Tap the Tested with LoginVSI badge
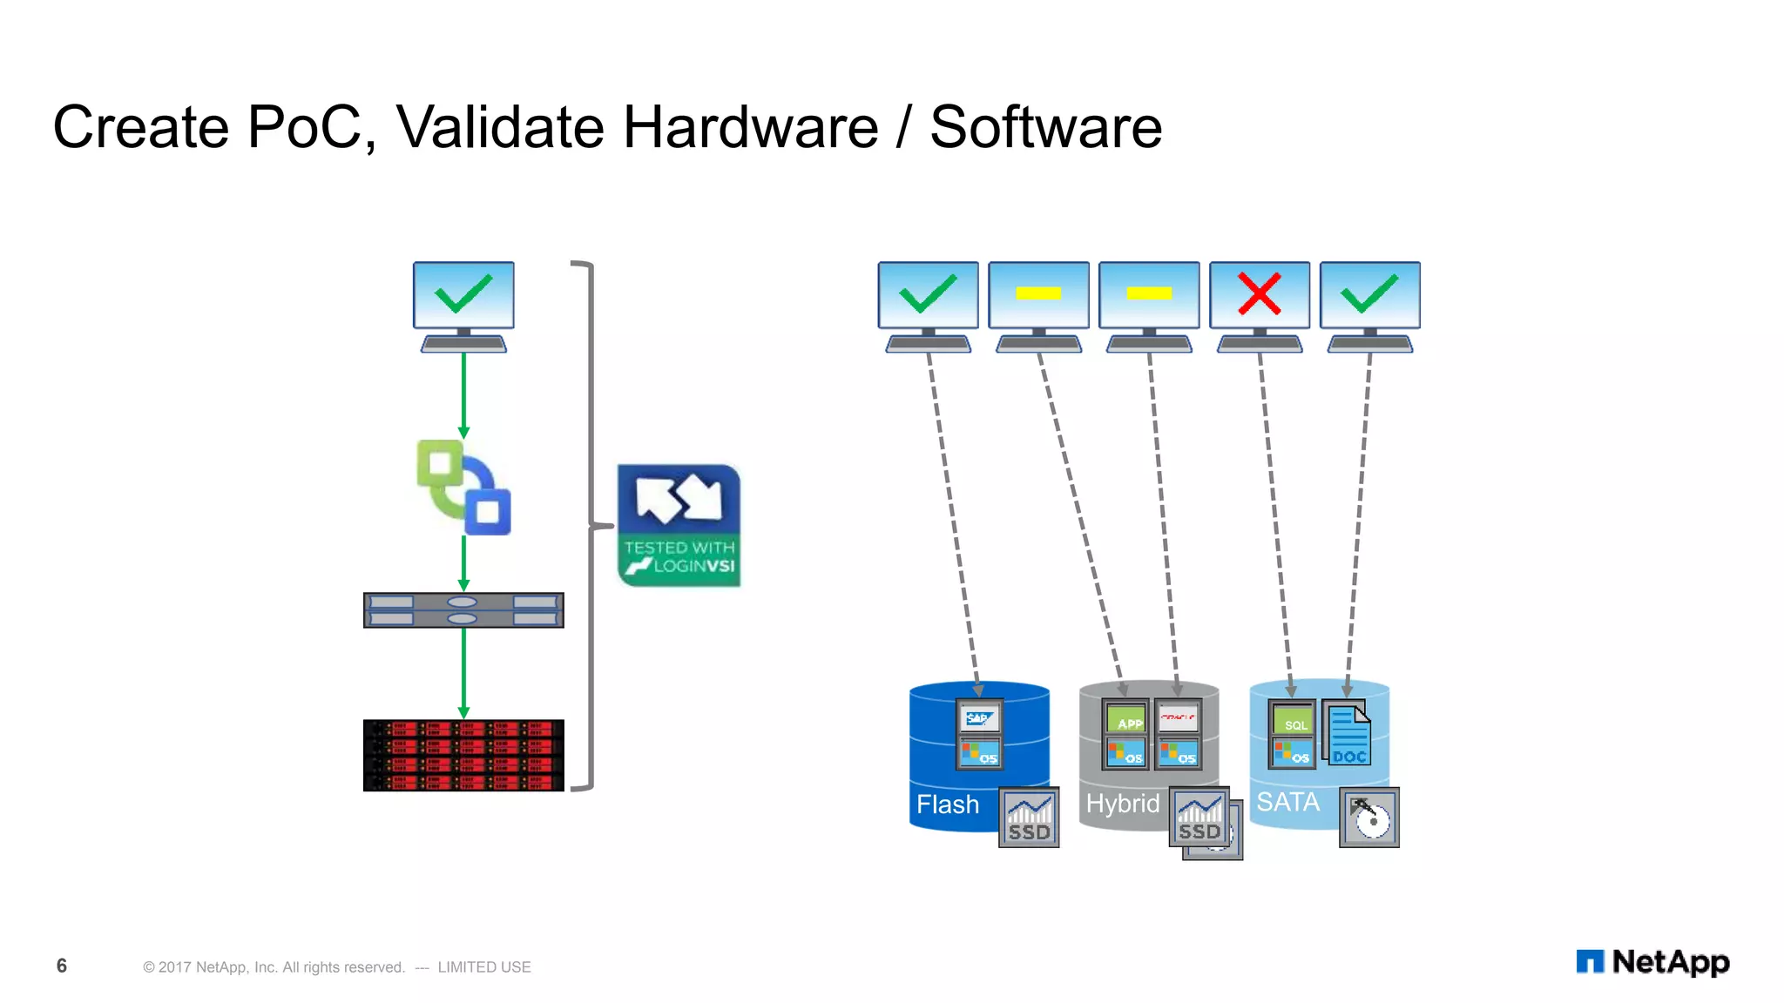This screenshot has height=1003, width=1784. (x=679, y=525)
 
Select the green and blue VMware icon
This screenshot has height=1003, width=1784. (x=463, y=487)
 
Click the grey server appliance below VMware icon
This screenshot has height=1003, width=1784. (x=463, y=609)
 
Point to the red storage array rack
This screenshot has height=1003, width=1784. (x=463, y=755)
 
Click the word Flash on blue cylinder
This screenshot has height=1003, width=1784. (x=948, y=804)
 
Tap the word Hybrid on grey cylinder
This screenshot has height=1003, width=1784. (x=1123, y=803)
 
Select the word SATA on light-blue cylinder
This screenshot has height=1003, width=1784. (x=1287, y=801)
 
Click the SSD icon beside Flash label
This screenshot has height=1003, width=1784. (x=1029, y=818)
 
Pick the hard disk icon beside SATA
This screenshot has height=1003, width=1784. (x=1369, y=818)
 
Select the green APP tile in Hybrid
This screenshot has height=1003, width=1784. (x=1127, y=720)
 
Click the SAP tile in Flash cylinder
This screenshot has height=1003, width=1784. (x=979, y=718)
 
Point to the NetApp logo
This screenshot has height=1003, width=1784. (x=1652, y=962)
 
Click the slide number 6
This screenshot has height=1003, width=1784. (x=62, y=966)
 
